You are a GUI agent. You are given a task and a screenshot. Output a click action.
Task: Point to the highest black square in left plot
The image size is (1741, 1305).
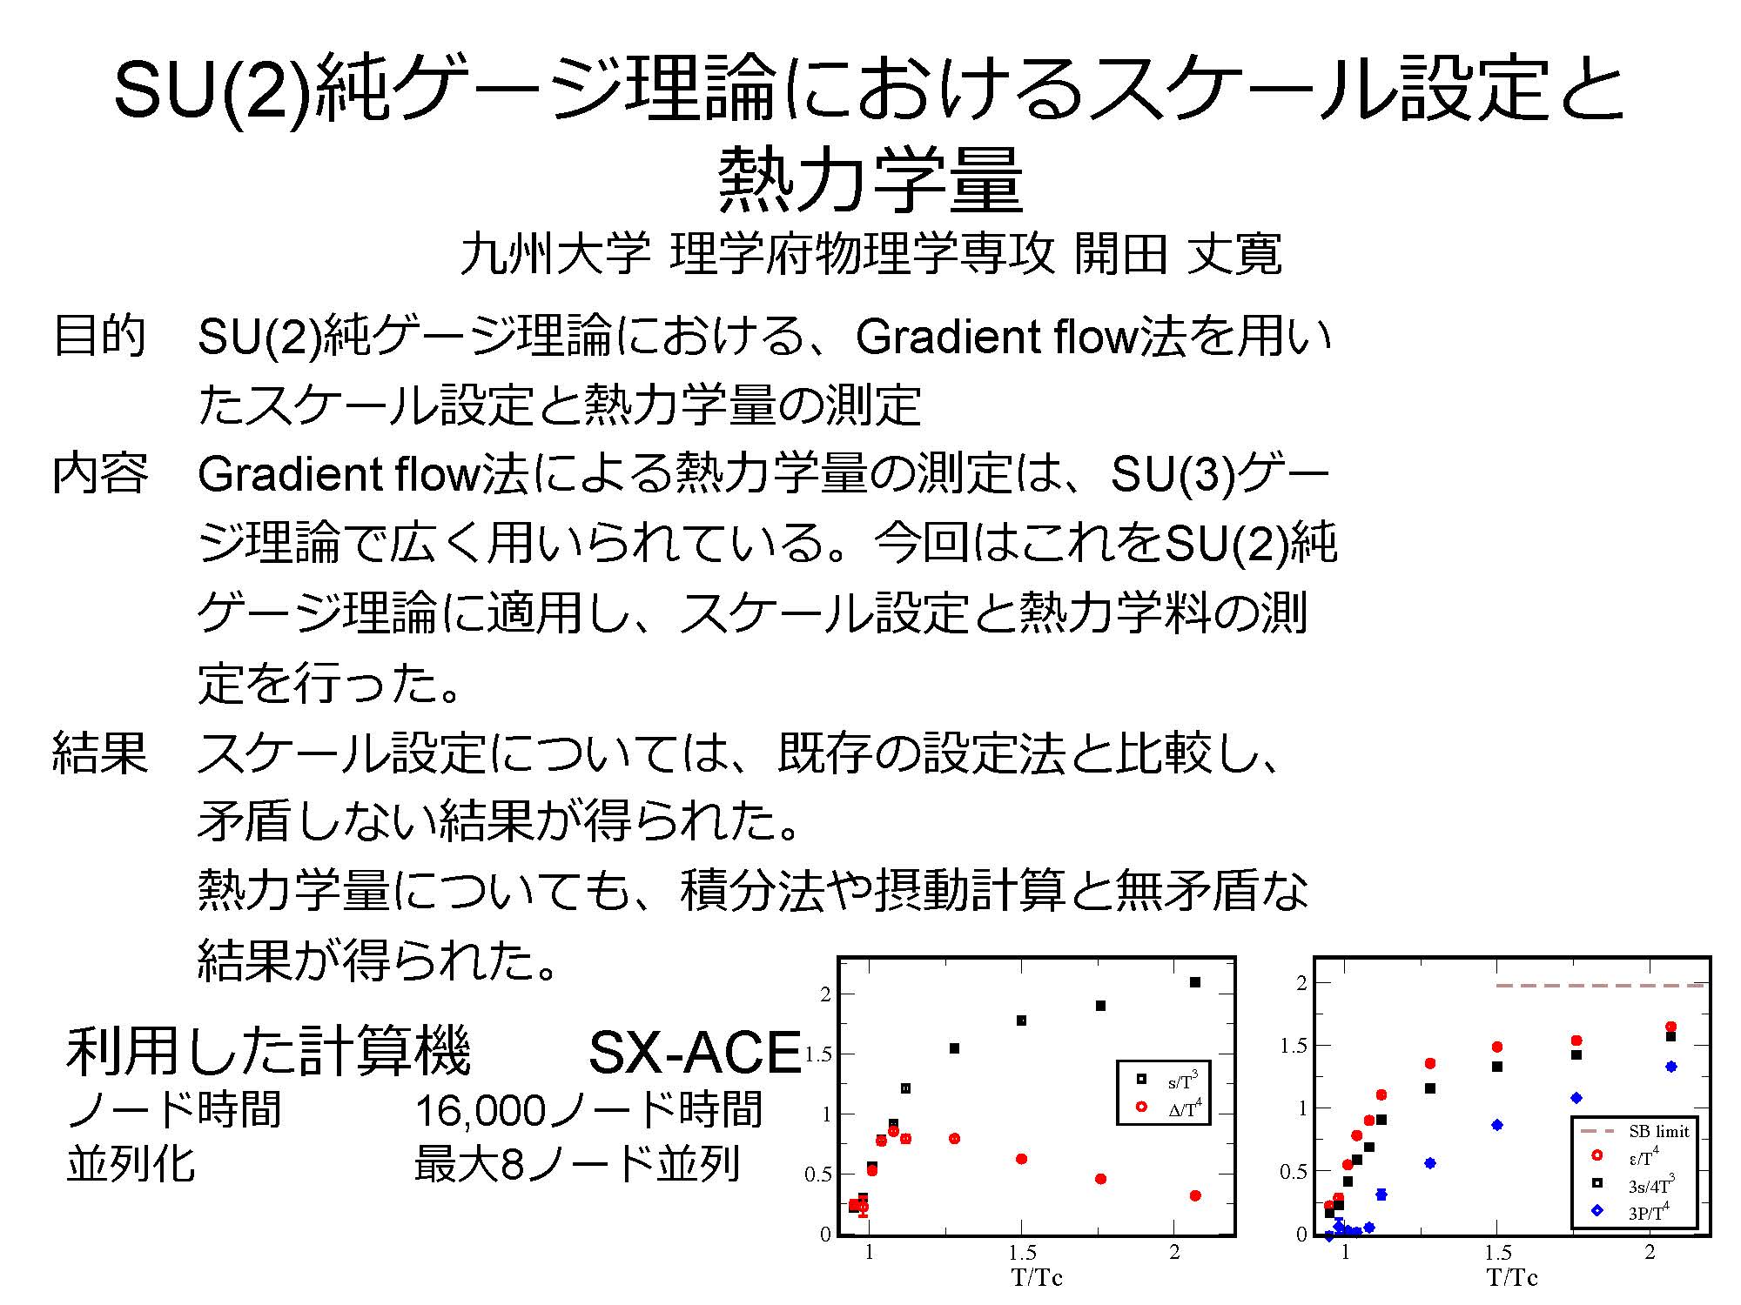pyautogui.click(x=1195, y=982)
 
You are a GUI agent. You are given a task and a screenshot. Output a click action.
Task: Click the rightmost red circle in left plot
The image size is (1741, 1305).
pyautogui.click(x=1195, y=1195)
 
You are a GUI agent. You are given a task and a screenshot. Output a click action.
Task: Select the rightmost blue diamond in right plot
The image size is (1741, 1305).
pyautogui.click(x=1671, y=1067)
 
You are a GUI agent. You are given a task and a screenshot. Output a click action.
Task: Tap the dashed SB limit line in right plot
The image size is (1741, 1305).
pyautogui.click(x=1600, y=986)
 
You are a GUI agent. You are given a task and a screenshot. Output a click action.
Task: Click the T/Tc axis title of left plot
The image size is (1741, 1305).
pyautogui.click(x=1037, y=1278)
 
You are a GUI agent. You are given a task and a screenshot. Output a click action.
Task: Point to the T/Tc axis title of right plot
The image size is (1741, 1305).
pyautogui.click(x=1512, y=1278)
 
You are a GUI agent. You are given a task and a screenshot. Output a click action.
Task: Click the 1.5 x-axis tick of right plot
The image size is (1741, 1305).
pyautogui.click(x=1497, y=1253)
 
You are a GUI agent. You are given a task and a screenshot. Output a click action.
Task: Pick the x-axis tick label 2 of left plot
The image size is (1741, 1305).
pyautogui.click(x=1174, y=1253)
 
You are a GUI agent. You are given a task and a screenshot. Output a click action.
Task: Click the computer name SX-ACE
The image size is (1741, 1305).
pyautogui.click(x=694, y=1052)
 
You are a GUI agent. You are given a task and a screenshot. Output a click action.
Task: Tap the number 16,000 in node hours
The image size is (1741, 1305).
pyautogui.click(x=481, y=1111)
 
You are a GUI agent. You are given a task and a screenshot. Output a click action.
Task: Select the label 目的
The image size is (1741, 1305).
pyautogui.click(x=99, y=337)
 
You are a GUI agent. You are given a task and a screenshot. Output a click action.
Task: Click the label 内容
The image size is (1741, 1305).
pyautogui.click(x=100, y=474)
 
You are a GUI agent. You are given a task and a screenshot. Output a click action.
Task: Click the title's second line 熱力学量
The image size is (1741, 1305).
pyautogui.click(x=870, y=180)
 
